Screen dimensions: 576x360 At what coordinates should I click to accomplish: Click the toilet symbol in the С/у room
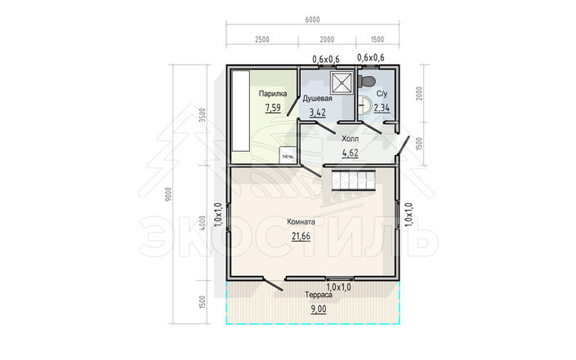[366, 80]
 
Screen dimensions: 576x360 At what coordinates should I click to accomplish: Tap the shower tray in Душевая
[342, 82]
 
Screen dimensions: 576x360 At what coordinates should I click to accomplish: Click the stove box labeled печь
[288, 154]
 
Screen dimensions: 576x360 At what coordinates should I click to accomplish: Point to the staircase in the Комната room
[354, 180]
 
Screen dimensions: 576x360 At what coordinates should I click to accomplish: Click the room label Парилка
[273, 94]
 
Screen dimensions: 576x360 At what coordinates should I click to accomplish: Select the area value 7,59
[273, 108]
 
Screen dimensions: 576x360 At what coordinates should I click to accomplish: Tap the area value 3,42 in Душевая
[318, 113]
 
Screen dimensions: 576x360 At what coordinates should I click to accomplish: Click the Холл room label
[350, 139]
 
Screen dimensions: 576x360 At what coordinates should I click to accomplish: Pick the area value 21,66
[301, 237]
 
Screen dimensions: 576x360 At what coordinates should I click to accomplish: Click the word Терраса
[319, 295]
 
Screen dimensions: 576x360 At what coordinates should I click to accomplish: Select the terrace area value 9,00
[319, 309]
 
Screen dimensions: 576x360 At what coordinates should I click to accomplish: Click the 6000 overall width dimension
[312, 20]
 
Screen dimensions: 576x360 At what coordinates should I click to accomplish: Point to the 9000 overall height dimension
[168, 194]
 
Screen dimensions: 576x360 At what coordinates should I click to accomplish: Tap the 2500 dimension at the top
[262, 39]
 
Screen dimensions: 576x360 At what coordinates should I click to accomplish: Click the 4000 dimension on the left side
[202, 223]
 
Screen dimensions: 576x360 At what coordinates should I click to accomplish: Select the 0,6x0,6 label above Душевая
[326, 59]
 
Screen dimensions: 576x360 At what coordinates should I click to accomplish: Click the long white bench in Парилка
[240, 110]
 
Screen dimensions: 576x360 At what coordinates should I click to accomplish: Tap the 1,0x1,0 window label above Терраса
[339, 287]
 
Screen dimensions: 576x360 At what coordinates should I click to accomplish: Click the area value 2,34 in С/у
[382, 108]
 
